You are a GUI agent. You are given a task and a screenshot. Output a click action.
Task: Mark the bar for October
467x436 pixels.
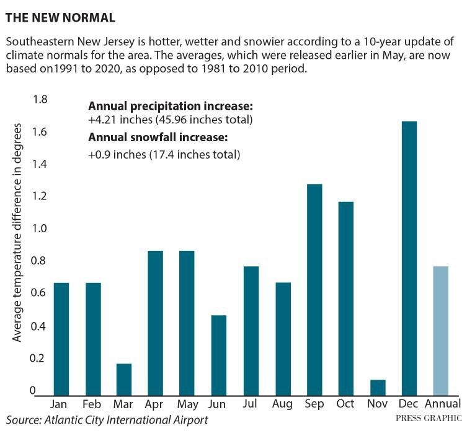(x=345, y=297)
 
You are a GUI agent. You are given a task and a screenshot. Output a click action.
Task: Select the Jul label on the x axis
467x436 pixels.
(x=251, y=404)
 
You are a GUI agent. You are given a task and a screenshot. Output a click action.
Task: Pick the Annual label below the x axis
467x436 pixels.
(x=440, y=404)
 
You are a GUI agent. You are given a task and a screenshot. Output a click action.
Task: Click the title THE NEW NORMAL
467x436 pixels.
(x=60, y=18)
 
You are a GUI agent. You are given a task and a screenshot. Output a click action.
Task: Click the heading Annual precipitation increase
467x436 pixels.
(x=171, y=106)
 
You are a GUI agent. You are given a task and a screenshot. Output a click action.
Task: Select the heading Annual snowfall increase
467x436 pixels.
(x=159, y=137)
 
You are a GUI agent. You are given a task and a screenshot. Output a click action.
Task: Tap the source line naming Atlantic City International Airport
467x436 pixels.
(x=107, y=421)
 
